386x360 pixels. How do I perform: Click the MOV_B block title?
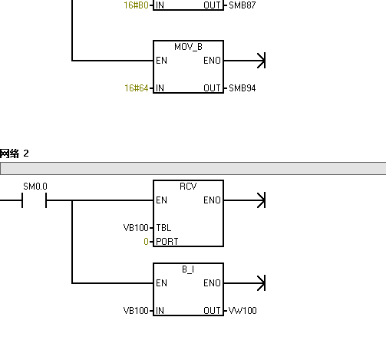tap(188, 47)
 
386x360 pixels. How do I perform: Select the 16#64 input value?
tap(137, 88)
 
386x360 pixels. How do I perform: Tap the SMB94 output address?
tap(242, 88)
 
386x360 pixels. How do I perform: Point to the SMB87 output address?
tap(242, 5)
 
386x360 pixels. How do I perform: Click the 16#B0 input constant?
tap(137, 5)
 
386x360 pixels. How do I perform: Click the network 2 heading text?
tap(15, 154)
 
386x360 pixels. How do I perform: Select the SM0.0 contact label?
tap(35, 187)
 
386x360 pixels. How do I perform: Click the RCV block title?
tap(188, 187)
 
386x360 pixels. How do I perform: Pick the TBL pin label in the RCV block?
tap(163, 228)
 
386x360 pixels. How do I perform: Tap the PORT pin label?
tap(167, 242)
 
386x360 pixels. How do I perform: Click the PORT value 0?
tap(146, 242)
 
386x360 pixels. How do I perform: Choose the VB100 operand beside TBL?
tap(136, 228)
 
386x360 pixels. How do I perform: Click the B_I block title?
tap(188, 269)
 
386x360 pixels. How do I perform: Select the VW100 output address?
tap(242, 311)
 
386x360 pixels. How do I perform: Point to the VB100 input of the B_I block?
tap(136, 311)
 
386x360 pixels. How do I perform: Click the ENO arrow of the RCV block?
tap(245, 200)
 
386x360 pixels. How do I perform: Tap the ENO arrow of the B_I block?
tap(245, 283)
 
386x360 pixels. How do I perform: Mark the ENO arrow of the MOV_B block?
tap(245, 61)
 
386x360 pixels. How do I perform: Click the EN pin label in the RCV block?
tap(161, 200)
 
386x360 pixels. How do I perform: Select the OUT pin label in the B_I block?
tap(212, 311)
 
